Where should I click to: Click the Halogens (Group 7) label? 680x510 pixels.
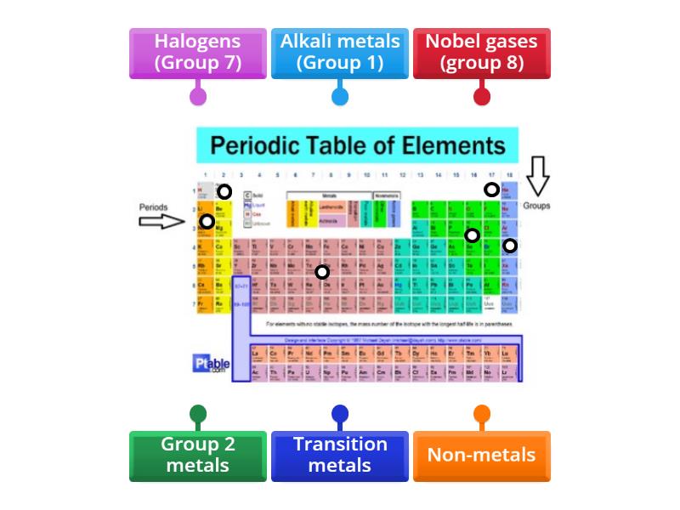coord(197,53)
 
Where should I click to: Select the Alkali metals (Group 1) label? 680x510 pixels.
coord(340,53)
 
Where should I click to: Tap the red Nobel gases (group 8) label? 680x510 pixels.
coord(482,53)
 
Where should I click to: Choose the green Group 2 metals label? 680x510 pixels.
coord(197,455)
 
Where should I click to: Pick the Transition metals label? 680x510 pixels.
coord(340,455)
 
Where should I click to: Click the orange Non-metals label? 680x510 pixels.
coord(482,455)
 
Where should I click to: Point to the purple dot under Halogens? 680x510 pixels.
coord(197,96)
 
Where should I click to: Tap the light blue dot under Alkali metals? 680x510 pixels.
coord(340,96)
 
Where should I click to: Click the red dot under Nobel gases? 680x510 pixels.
coord(482,96)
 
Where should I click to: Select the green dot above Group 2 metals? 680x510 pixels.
coord(197,415)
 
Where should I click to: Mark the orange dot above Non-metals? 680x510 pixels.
coord(482,415)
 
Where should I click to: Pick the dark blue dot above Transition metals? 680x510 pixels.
coord(340,415)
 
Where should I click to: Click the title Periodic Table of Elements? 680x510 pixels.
coord(357,145)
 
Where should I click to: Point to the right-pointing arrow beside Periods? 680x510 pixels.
coord(161,222)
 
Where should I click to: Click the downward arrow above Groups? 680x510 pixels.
coord(537,175)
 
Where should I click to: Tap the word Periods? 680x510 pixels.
coord(154,207)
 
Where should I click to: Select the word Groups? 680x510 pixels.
coord(536,206)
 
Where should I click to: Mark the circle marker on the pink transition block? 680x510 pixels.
coord(321,272)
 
